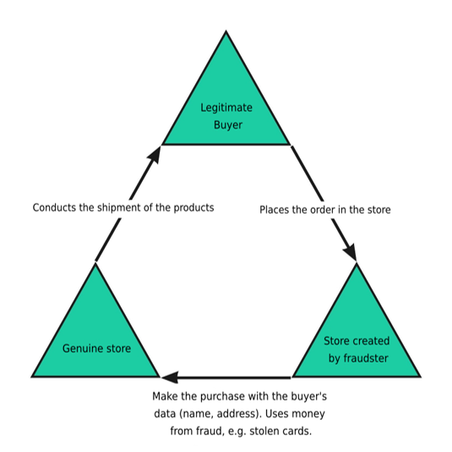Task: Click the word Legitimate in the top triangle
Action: pyautogui.click(x=226, y=108)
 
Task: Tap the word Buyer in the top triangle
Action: pyautogui.click(x=228, y=125)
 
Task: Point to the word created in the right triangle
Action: pyautogui.click(x=372, y=341)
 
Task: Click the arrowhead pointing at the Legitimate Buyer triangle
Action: pyautogui.click(x=155, y=155)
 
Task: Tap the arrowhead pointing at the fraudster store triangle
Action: pyautogui.click(x=351, y=253)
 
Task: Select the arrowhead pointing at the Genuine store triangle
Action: pyautogui.click(x=170, y=378)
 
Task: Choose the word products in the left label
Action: pyautogui.click(x=193, y=208)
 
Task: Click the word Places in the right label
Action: pyautogui.click(x=274, y=210)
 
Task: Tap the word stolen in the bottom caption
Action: pyautogui.click(x=264, y=431)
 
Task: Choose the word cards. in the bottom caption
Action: pyautogui.click(x=297, y=431)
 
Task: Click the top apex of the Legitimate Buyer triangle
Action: pyautogui.click(x=226, y=31)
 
